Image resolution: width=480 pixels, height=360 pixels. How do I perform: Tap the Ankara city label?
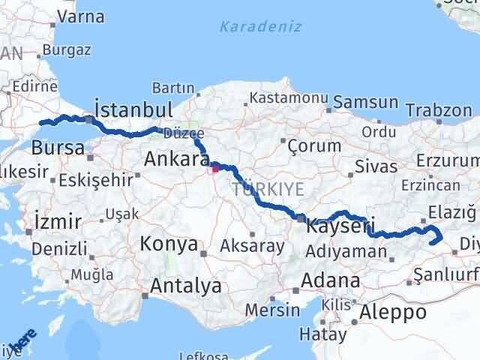[x=176, y=159]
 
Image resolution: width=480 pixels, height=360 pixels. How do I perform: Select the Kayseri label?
[x=340, y=224]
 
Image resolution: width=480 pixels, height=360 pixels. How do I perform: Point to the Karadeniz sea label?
[x=260, y=27]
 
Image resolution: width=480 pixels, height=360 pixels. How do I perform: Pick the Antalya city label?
[x=185, y=286]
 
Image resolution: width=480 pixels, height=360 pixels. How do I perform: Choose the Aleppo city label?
[x=393, y=311]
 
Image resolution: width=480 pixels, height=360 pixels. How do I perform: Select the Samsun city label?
[x=365, y=100]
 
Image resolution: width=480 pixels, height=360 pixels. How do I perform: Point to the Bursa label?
[x=58, y=148]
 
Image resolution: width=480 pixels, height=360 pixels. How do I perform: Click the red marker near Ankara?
[x=216, y=168]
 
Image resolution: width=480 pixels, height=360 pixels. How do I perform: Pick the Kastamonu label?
[x=289, y=98]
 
